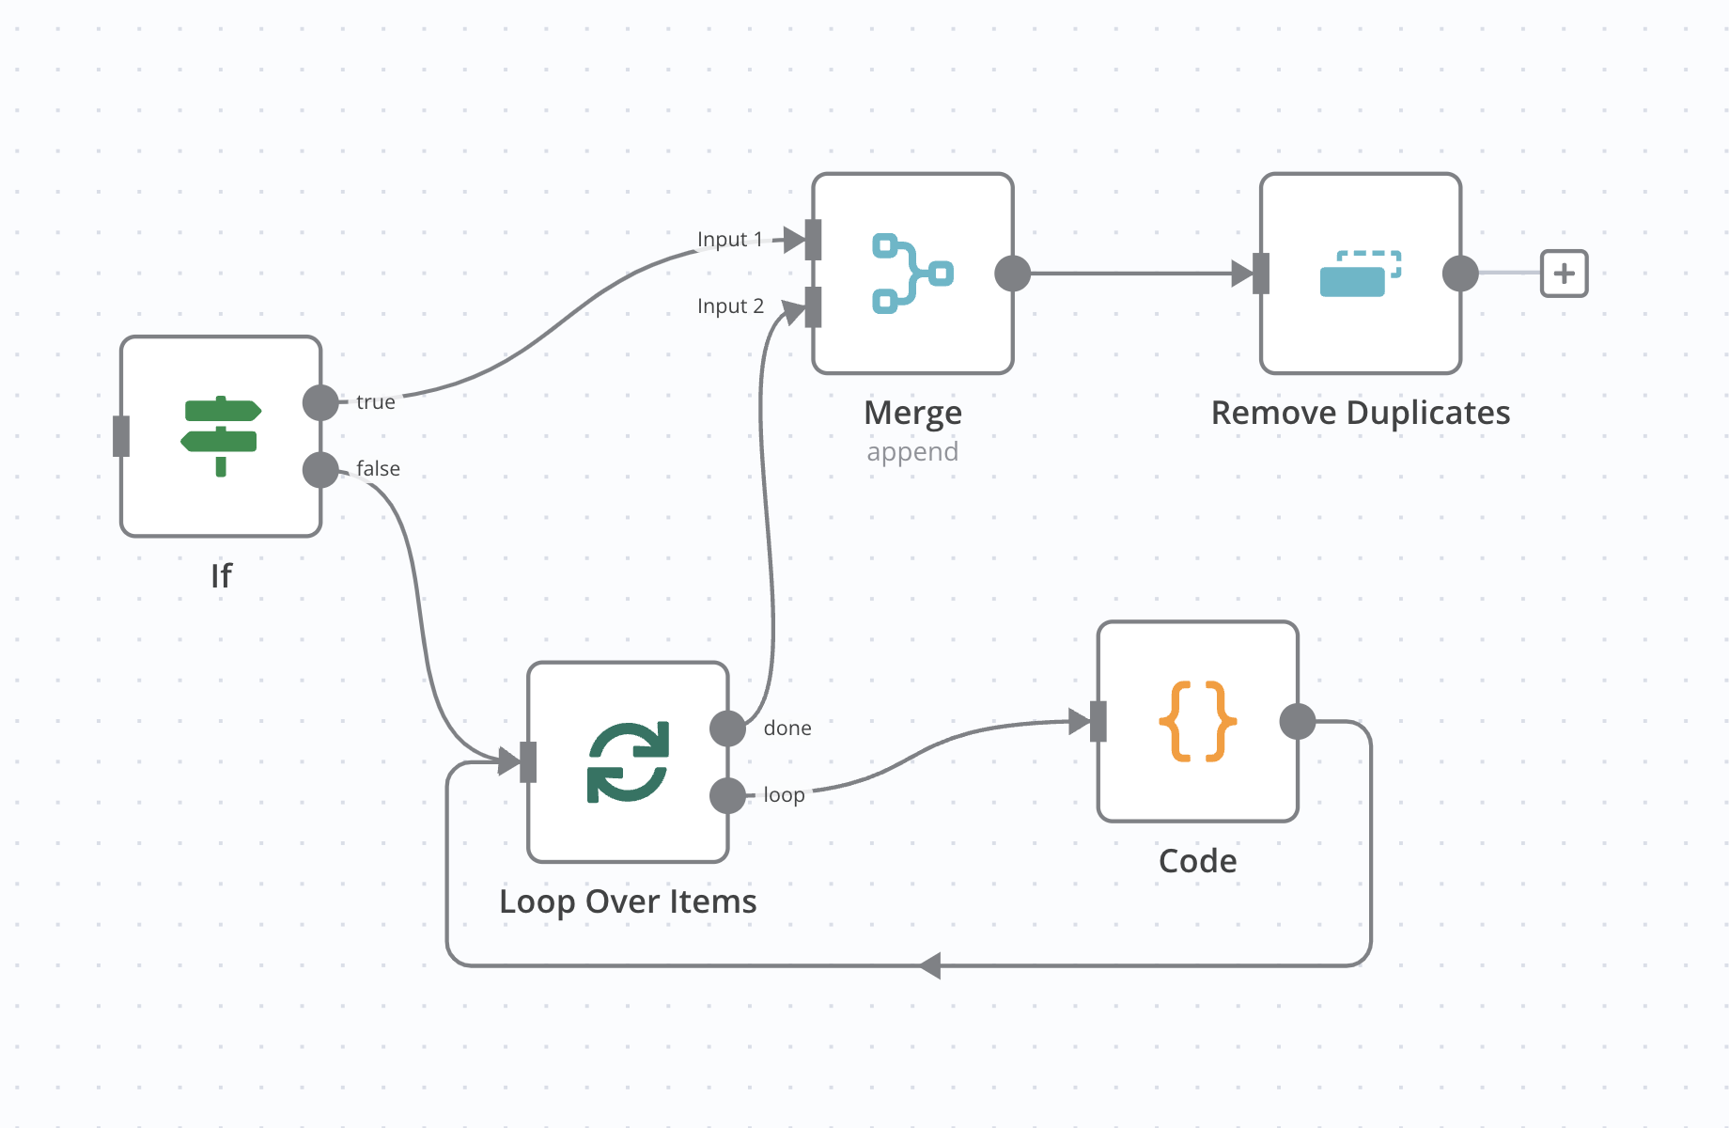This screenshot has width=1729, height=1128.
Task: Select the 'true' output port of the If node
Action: click(320, 402)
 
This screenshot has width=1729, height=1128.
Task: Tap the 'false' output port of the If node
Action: click(320, 469)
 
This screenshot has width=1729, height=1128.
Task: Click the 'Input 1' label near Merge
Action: click(730, 240)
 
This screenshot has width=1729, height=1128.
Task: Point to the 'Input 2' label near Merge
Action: click(730, 306)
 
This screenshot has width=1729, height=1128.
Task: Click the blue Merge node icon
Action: click(912, 274)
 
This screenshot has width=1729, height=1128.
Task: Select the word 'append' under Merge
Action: click(912, 452)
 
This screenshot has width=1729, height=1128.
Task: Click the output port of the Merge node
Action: click(1012, 274)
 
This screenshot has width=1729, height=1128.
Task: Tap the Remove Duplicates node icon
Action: click(1360, 274)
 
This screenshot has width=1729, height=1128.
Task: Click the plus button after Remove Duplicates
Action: click(1564, 274)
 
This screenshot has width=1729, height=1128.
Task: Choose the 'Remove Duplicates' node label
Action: click(1360, 413)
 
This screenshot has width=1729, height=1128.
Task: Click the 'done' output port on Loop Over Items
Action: click(727, 728)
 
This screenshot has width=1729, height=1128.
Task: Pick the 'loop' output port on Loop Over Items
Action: click(727, 795)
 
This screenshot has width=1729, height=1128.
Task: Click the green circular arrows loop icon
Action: click(628, 761)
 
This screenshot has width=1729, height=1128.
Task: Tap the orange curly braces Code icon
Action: click(1197, 721)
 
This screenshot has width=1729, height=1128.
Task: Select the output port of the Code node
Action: click(1298, 721)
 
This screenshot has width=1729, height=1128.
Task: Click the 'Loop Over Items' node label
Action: click(628, 901)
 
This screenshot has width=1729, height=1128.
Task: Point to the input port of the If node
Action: click(121, 436)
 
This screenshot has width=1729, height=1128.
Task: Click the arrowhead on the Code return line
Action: click(930, 965)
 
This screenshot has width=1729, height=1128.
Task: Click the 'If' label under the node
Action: click(221, 575)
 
